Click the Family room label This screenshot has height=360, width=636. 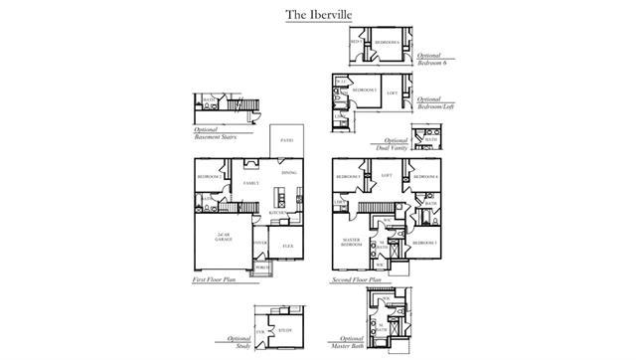(251, 184)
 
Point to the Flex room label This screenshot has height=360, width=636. (287, 245)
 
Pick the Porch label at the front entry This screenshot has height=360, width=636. (261, 267)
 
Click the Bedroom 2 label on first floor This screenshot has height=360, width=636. (209, 177)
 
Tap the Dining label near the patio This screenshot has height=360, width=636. (288, 174)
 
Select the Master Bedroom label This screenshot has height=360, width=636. (350, 243)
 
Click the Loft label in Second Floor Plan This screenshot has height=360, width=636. (388, 176)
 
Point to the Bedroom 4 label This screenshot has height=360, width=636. (427, 177)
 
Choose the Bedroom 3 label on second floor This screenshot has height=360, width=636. (425, 243)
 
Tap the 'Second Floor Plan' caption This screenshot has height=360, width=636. (358, 281)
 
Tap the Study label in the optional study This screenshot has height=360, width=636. (284, 329)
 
